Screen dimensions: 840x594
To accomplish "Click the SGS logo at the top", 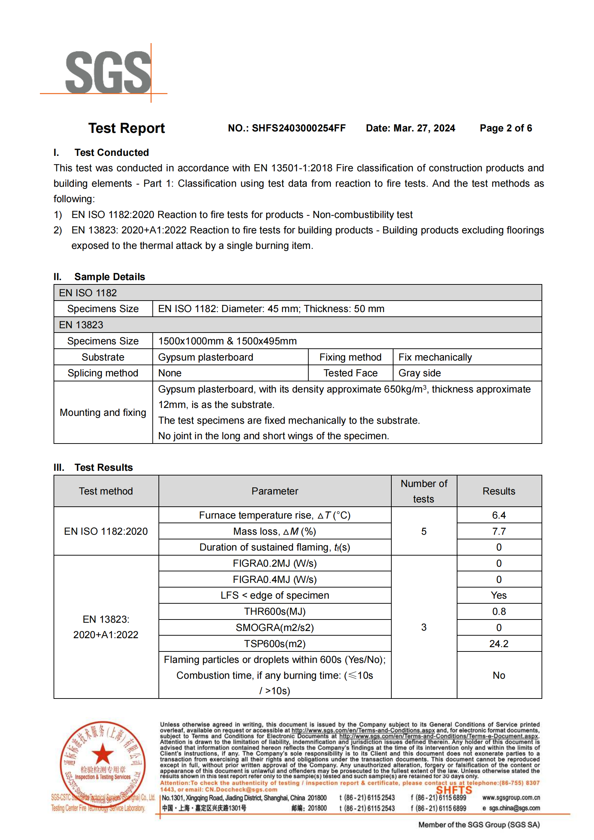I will pyautogui.click(x=107, y=72).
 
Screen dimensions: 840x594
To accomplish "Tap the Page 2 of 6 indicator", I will pyautogui.click(x=506, y=128).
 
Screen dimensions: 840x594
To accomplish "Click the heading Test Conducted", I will pyautogui.click(x=111, y=153).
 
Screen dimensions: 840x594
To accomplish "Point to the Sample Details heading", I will pyautogui.click(x=110, y=277).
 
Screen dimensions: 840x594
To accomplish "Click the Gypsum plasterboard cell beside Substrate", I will pyautogui.click(x=205, y=357).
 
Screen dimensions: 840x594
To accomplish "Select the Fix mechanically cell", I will pyautogui.click(x=435, y=357).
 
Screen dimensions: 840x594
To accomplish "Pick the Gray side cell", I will pyautogui.click(x=419, y=373).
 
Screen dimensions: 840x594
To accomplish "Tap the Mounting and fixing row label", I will pyautogui.click(x=103, y=413).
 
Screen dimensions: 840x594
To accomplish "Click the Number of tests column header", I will pyautogui.click(x=424, y=491).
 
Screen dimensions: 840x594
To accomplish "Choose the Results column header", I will pyautogui.click(x=498, y=491).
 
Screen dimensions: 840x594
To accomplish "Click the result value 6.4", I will pyautogui.click(x=498, y=515).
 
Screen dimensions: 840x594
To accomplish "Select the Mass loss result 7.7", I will pyautogui.click(x=498, y=531).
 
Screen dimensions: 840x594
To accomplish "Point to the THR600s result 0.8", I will pyautogui.click(x=498, y=611).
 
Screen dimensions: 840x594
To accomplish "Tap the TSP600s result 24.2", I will pyautogui.click(x=498, y=644).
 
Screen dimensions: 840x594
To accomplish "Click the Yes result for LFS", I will pyautogui.click(x=498, y=595).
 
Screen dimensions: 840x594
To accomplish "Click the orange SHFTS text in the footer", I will pyautogui.click(x=453, y=790).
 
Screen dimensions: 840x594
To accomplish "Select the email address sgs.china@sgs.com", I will pyautogui.click(x=514, y=808).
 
